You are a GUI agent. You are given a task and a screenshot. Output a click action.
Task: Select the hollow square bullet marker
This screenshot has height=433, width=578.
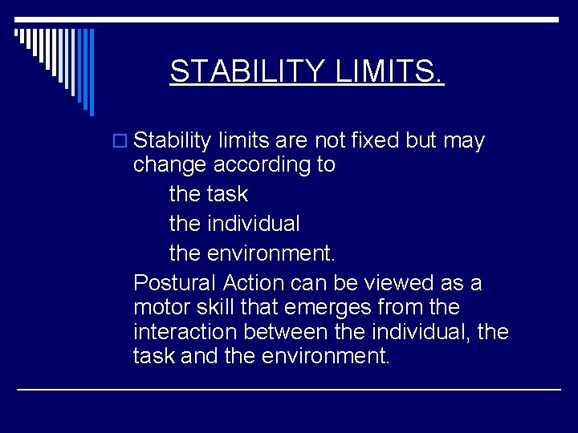(122, 142)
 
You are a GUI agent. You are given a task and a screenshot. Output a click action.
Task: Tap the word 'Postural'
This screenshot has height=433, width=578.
(174, 283)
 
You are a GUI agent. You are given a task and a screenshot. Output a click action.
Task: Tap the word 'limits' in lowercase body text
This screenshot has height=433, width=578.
(246, 141)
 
